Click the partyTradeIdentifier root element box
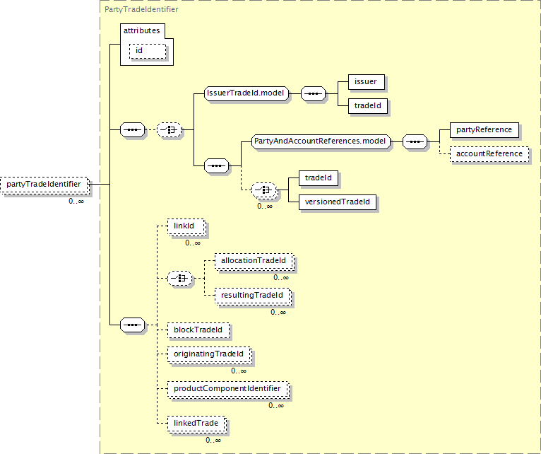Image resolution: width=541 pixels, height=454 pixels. pos(44,185)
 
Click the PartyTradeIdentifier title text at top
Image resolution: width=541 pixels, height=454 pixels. pos(141,9)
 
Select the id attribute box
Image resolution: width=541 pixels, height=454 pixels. pos(148,51)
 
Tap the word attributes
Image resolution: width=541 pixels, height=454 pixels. pos(142,30)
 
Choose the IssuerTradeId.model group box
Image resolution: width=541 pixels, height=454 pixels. pos(246,93)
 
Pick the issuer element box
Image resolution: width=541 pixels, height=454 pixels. pos(367,82)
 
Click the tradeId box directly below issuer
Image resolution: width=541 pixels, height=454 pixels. pos(368,106)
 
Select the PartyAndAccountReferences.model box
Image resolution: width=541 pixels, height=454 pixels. pos(321,141)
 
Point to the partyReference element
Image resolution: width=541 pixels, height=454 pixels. pos(484,130)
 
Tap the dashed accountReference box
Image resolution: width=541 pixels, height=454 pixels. pos(489,154)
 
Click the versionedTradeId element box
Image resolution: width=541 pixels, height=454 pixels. pos(338,202)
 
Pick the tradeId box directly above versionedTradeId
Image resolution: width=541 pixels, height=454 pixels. pos(319,178)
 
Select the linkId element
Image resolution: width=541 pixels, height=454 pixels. pos(186,227)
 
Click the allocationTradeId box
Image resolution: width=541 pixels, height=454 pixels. pos(254,261)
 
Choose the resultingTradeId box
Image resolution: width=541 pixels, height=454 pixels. pos(253,296)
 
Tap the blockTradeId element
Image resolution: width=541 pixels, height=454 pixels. pos(198,330)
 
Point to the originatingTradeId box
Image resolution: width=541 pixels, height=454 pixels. pos(210,354)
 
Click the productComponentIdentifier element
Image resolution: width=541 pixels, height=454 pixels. pos(228,389)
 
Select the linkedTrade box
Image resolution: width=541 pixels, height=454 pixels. pos(196,424)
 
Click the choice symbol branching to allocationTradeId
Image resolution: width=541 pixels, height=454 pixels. pos(179,278)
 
